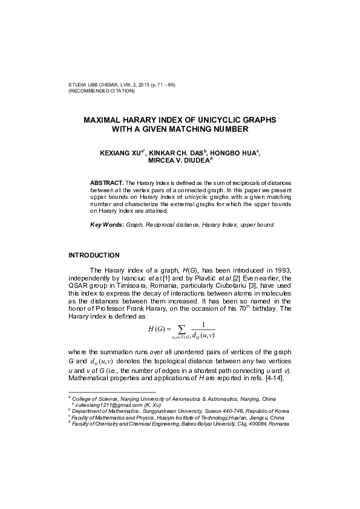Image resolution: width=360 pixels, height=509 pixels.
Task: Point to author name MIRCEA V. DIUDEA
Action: tap(178, 162)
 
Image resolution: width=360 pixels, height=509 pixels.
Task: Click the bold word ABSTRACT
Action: tap(106, 182)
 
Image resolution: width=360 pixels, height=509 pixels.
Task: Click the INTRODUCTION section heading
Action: tap(94, 254)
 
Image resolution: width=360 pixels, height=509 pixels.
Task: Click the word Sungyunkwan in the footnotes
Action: tap(160, 411)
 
